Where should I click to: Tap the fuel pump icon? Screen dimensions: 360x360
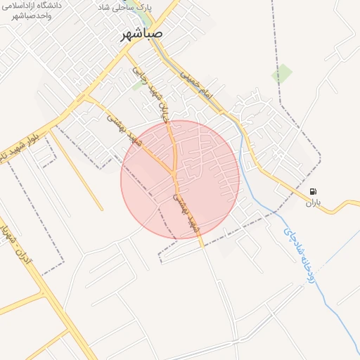(312, 191)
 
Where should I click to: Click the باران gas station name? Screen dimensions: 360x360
(312, 202)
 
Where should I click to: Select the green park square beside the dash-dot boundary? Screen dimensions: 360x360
(282, 74)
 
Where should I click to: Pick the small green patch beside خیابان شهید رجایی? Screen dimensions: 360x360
(136, 86)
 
